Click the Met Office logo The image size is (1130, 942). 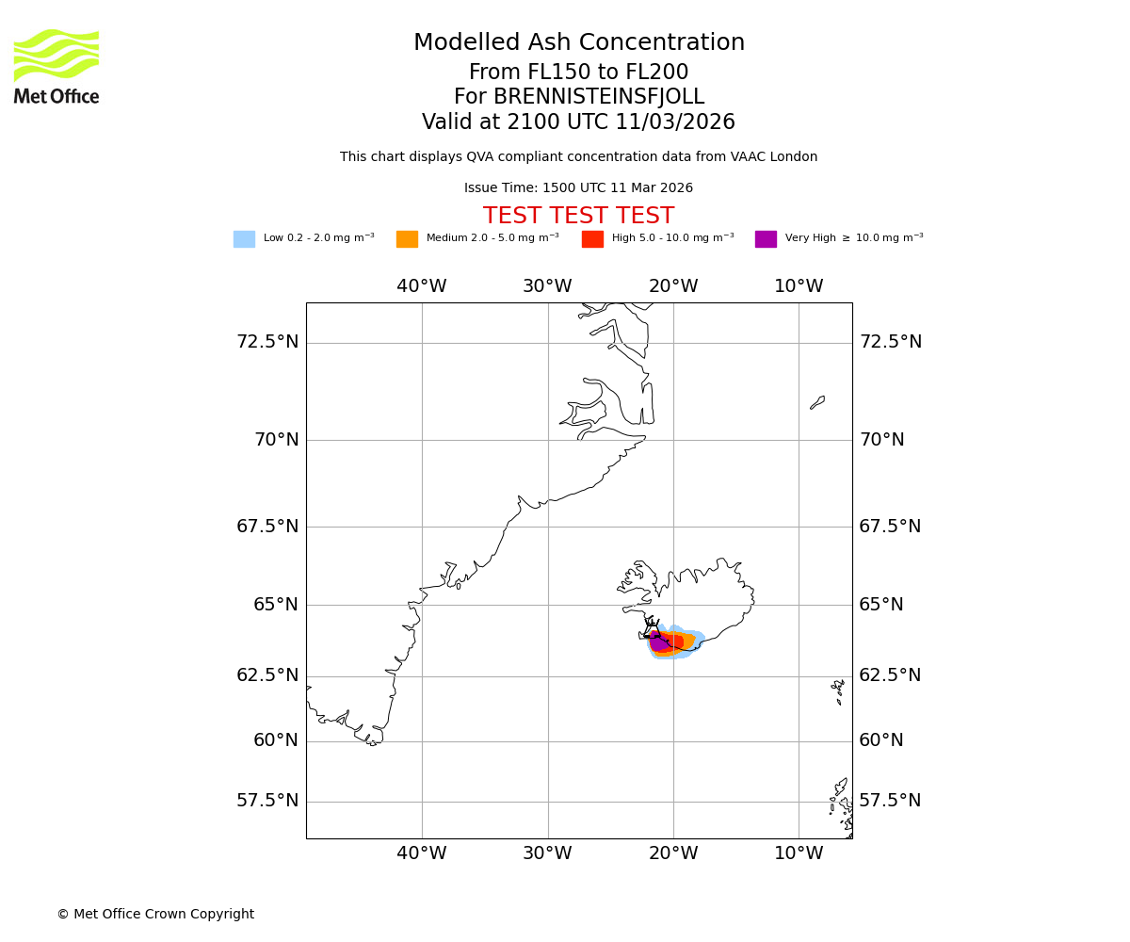tap(56, 66)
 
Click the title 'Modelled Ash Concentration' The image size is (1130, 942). tap(579, 43)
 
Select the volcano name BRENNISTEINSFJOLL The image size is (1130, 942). tap(579, 97)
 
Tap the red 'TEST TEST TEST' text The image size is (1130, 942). tap(579, 216)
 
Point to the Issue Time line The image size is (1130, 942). tap(579, 188)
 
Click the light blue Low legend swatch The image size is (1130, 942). tap(244, 239)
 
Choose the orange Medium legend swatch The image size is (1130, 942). tap(407, 239)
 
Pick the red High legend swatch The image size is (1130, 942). tap(592, 239)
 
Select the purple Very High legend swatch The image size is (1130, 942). tap(766, 239)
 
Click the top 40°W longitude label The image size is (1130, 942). tap(421, 286)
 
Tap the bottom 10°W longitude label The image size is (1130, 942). tap(799, 853)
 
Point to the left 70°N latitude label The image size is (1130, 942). tap(276, 440)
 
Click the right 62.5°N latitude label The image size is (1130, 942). tap(890, 675)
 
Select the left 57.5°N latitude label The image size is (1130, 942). tap(267, 801)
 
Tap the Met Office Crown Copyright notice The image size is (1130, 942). tap(155, 914)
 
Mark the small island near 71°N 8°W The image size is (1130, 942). tap(817, 402)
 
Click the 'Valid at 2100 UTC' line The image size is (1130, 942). tap(579, 122)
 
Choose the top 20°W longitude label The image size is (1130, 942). tap(673, 286)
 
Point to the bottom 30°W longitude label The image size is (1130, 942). tap(547, 853)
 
